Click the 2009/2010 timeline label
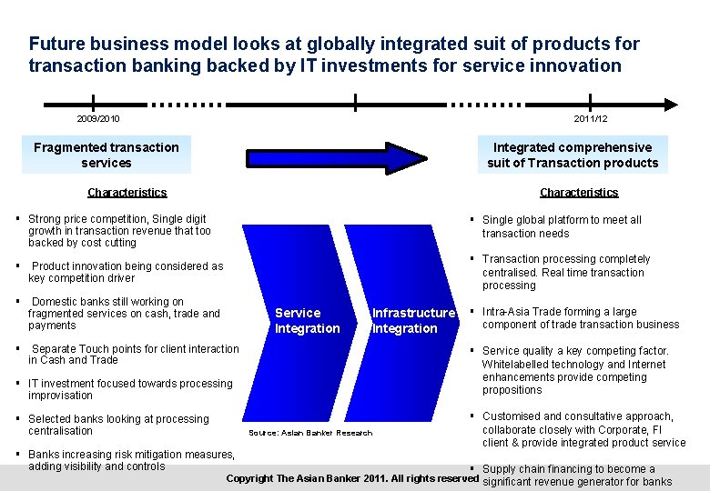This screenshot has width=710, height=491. pyautogui.click(x=98, y=119)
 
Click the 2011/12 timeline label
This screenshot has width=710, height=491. pyautogui.click(x=591, y=119)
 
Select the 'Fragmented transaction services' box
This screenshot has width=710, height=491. pyautogui.click(x=106, y=155)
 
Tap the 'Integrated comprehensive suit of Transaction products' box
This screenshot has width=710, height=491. pyautogui.click(x=573, y=155)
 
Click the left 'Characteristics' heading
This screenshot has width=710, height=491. pyautogui.click(x=127, y=193)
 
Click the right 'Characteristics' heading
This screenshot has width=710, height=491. pyautogui.click(x=579, y=193)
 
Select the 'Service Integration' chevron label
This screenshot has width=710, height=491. pyautogui.click(x=307, y=320)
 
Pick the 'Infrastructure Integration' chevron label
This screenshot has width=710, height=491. pyautogui.click(x=412, y=320)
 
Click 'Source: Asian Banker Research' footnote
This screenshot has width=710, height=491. pyautogui.click(x=310, y=433)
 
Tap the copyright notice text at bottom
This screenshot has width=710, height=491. pyautogui.click(x=351, y=478)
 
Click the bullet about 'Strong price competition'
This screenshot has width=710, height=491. pyautogui.click(x=118, y=231)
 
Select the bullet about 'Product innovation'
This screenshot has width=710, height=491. pyautogui.click(x=126, y=272)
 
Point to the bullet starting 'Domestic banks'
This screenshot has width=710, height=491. pyautogui.click(x=124, y=314)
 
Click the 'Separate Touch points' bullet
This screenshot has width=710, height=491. pyautogui.click(x=133, y=355)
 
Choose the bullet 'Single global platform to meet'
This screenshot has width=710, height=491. pyautogui.click(x=562, y=226)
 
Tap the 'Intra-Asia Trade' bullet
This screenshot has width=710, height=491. pyautogui.click(x=580, y=318)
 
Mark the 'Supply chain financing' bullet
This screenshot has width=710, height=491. pyautogui.click(x=577, y=476)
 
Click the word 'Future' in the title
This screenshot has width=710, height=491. pyautogui.click(x=56, y=44)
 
